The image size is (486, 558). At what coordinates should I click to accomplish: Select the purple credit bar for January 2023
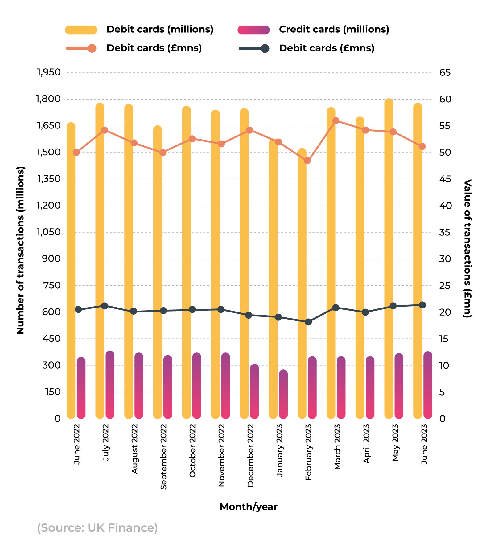point(283,394)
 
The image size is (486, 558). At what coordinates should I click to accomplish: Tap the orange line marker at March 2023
point(336,120)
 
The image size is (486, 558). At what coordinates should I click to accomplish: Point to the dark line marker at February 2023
point(308,322)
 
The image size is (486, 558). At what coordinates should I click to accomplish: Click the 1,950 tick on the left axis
point(49,72)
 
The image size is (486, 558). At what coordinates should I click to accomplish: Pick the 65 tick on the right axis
point(445,73)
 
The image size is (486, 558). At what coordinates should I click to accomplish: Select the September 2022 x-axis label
point(163,456)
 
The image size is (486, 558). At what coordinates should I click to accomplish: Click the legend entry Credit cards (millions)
point(334,29)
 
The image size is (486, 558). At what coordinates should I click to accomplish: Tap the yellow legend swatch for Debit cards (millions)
point(81,30)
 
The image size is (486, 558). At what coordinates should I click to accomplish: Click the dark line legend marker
point(265,48)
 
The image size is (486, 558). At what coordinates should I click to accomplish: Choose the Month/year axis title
point(249,507)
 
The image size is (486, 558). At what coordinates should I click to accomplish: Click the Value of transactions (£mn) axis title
point(467,248)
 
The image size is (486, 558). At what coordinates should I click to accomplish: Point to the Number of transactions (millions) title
point(20,250)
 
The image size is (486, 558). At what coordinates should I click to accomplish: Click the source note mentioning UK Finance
point(97,528)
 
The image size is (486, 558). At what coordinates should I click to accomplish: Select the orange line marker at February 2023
point(307,161)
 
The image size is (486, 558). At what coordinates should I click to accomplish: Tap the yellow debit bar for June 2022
point(71,271)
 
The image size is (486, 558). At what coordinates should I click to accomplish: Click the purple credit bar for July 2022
point(110,385)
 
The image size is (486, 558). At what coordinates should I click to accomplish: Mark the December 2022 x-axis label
point(250,455)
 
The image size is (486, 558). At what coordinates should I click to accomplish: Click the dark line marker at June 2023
point(422,305)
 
